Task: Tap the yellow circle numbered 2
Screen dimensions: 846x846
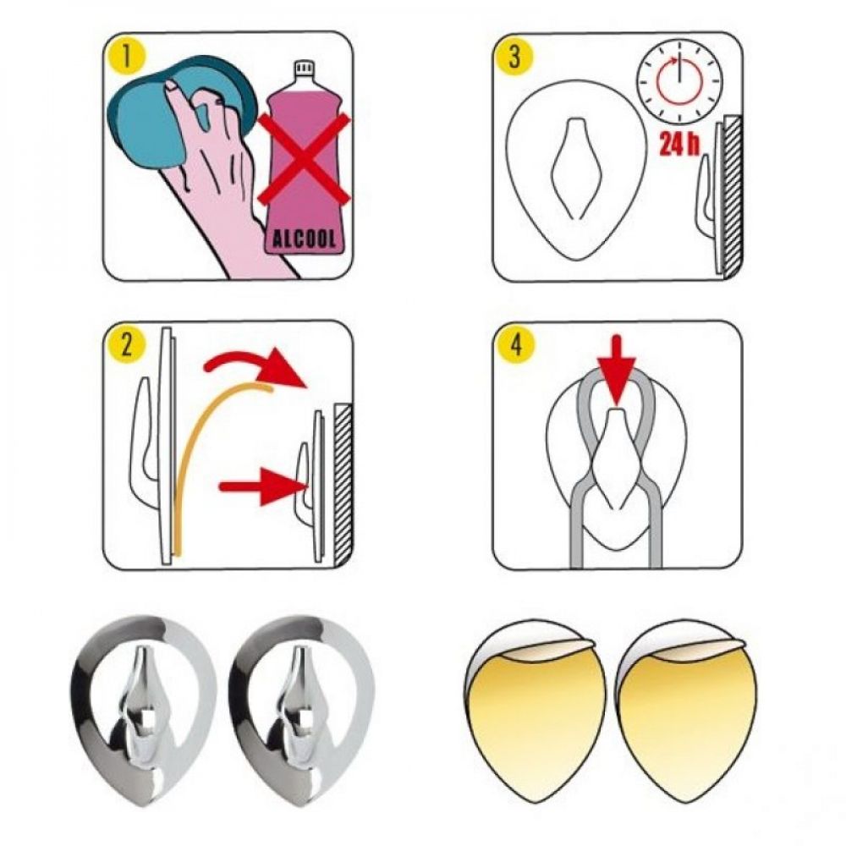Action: (x=126, y=346)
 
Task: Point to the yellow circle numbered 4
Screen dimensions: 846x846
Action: (x=514, y=346)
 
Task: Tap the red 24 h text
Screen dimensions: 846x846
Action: (x=678, y=143)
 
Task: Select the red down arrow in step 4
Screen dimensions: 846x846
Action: (x=618, y=371)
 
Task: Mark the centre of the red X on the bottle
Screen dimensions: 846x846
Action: (x=304, y=159)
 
